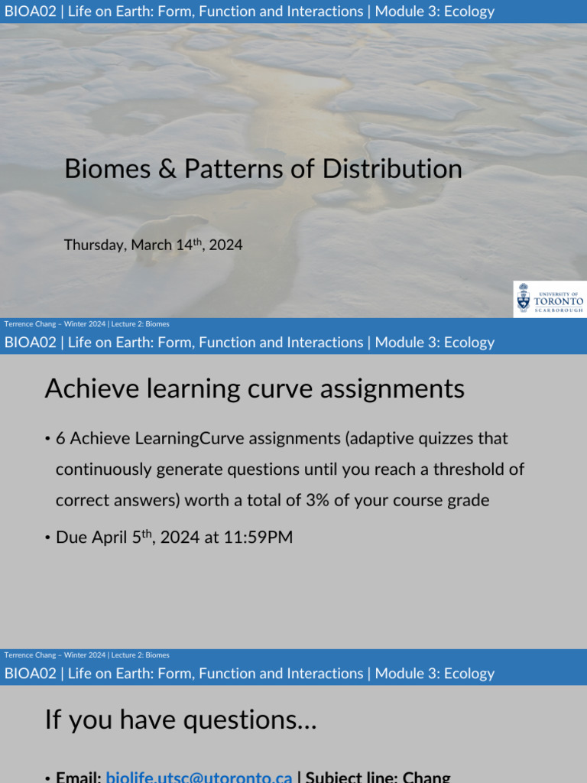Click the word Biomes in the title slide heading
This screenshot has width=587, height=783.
coord(107,169)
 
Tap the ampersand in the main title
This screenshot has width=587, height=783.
coord(167,169)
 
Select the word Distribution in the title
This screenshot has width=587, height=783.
coord(392,169)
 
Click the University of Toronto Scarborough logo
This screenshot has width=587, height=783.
coord(550,299)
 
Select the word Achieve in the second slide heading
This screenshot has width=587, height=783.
coord(92,388)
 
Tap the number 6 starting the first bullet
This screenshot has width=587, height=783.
coord(60,438)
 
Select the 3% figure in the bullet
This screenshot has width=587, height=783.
coord(317,500)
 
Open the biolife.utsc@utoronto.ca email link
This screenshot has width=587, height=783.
coord(199,777)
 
